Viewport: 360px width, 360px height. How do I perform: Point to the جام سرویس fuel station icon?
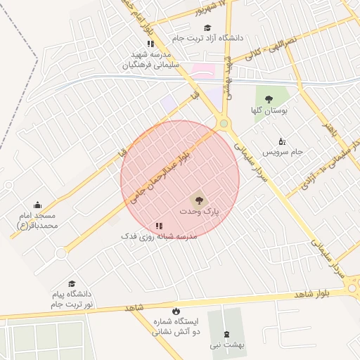point(282,140)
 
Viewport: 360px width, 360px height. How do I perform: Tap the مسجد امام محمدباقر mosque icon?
point(37,205)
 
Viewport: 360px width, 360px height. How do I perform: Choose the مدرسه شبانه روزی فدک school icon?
point(159,226)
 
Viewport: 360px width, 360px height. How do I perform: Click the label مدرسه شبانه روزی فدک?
point(159,237)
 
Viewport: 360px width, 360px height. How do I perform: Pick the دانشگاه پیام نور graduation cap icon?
point(72,283)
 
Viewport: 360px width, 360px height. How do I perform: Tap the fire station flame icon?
point(176,309)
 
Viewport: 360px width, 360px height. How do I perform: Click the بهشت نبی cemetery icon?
point(225,334)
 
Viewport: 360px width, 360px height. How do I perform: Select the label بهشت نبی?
point(224,345)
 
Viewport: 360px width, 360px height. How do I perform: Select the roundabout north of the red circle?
point(224,124)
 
